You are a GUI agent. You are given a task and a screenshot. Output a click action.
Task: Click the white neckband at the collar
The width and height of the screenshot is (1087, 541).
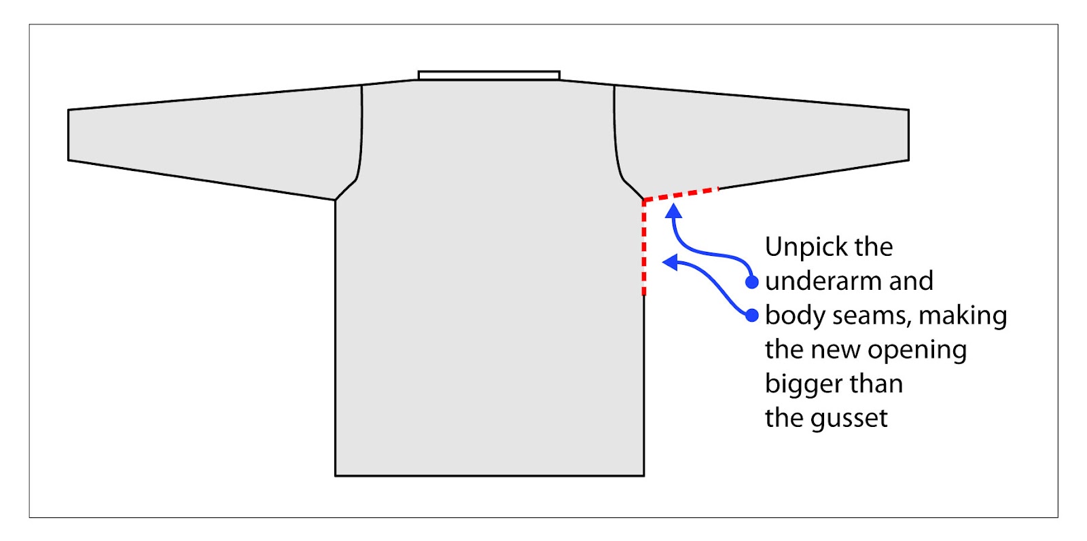[x=488, y=75]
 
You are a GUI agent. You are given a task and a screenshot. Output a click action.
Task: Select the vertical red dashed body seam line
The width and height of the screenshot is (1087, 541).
[x=644, y=248]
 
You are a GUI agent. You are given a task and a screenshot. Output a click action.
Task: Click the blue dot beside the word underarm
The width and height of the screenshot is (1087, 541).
[x=751, y=282]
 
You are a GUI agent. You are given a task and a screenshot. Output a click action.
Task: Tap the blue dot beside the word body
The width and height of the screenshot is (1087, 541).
[x=751, y=315]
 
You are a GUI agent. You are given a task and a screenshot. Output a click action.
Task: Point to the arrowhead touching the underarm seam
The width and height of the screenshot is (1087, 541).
[x=673, y=210]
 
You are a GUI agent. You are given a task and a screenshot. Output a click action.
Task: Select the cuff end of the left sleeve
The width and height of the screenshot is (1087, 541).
[x=69, y=135]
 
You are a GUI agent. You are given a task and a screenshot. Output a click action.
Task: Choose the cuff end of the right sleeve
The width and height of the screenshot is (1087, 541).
[x=908, y=135]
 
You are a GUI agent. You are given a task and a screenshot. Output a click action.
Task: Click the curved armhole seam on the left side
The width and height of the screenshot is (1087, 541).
[x=360, y=136]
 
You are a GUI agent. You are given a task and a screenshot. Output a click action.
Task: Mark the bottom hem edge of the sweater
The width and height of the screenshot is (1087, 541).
[x=489, y=475]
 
